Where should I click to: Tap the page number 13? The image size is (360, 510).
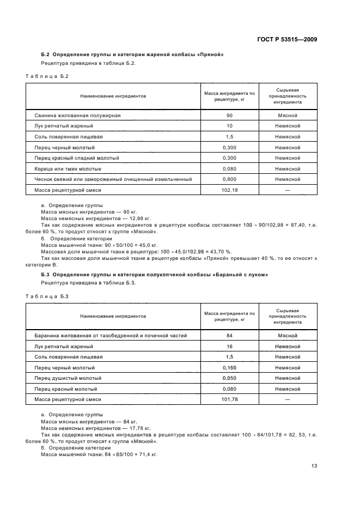pos(314,465)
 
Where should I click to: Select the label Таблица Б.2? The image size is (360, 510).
pos(47,76)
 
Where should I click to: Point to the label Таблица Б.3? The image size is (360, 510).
pos(47,296)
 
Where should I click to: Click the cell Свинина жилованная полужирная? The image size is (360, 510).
pos(77,116)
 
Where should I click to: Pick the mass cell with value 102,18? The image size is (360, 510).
pos(229,190)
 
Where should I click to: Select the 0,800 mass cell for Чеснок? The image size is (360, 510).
pos(229,179)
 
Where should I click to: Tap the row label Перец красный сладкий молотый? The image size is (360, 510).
pos(77,158)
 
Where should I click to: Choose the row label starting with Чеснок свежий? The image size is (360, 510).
pos(113,179)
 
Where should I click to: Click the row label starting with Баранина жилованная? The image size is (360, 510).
pos(111,336)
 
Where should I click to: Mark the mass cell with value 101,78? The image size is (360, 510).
pos(229,399)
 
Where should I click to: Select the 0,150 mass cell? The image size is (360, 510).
pos(229,368)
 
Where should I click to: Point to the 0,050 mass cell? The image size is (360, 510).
pos(229,378)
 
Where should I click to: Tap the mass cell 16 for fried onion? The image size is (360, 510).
pos(229,347)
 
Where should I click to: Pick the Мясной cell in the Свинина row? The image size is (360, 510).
pos(287,116)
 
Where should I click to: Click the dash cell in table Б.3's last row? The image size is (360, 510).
pos(287,399)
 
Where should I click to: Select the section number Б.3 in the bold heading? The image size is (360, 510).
pos(45,275)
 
